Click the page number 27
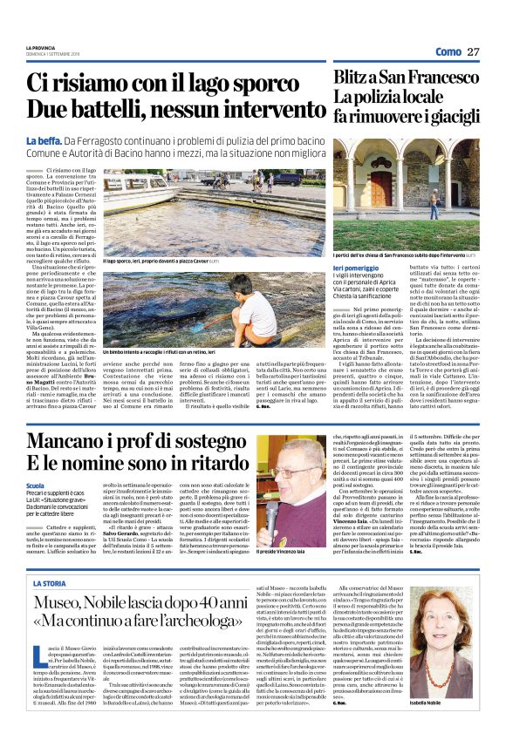pyautogui.click(x=473, y=52)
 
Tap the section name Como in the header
pyautogui.click(x=446, y=52)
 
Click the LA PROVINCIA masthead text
pyautogui.click(x=40, y=46)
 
